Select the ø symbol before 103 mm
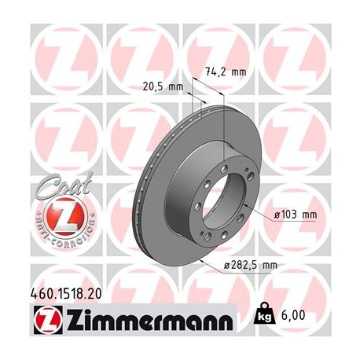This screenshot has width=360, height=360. pos(277,215)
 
